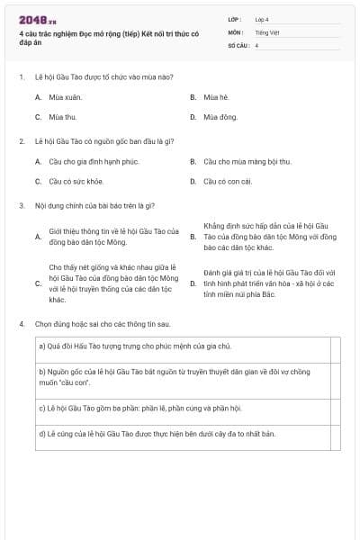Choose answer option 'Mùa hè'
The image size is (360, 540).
(216, 96)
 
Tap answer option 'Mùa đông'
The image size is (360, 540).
(220, 117)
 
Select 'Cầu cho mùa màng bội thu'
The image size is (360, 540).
(247, 162)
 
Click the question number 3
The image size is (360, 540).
(21, 205)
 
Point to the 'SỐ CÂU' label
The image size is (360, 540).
(237, 44)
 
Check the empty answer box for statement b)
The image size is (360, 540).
(336, 375)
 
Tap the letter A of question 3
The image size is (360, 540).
(38, 237)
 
